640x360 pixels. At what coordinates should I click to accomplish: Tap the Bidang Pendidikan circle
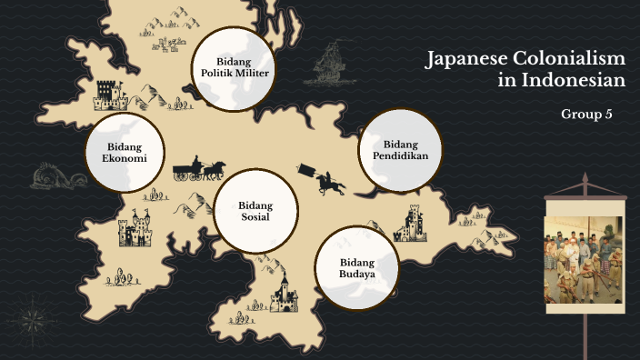[x=400, y=150]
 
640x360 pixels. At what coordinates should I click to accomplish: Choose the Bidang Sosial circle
[x=255, y=211]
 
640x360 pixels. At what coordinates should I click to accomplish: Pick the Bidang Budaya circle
[x=357, y=268]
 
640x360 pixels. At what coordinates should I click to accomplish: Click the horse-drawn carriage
[x=199, y=168]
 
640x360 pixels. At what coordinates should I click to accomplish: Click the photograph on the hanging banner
[x=584, y=259]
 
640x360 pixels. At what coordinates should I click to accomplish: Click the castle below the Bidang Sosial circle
[x=285, y=293]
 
